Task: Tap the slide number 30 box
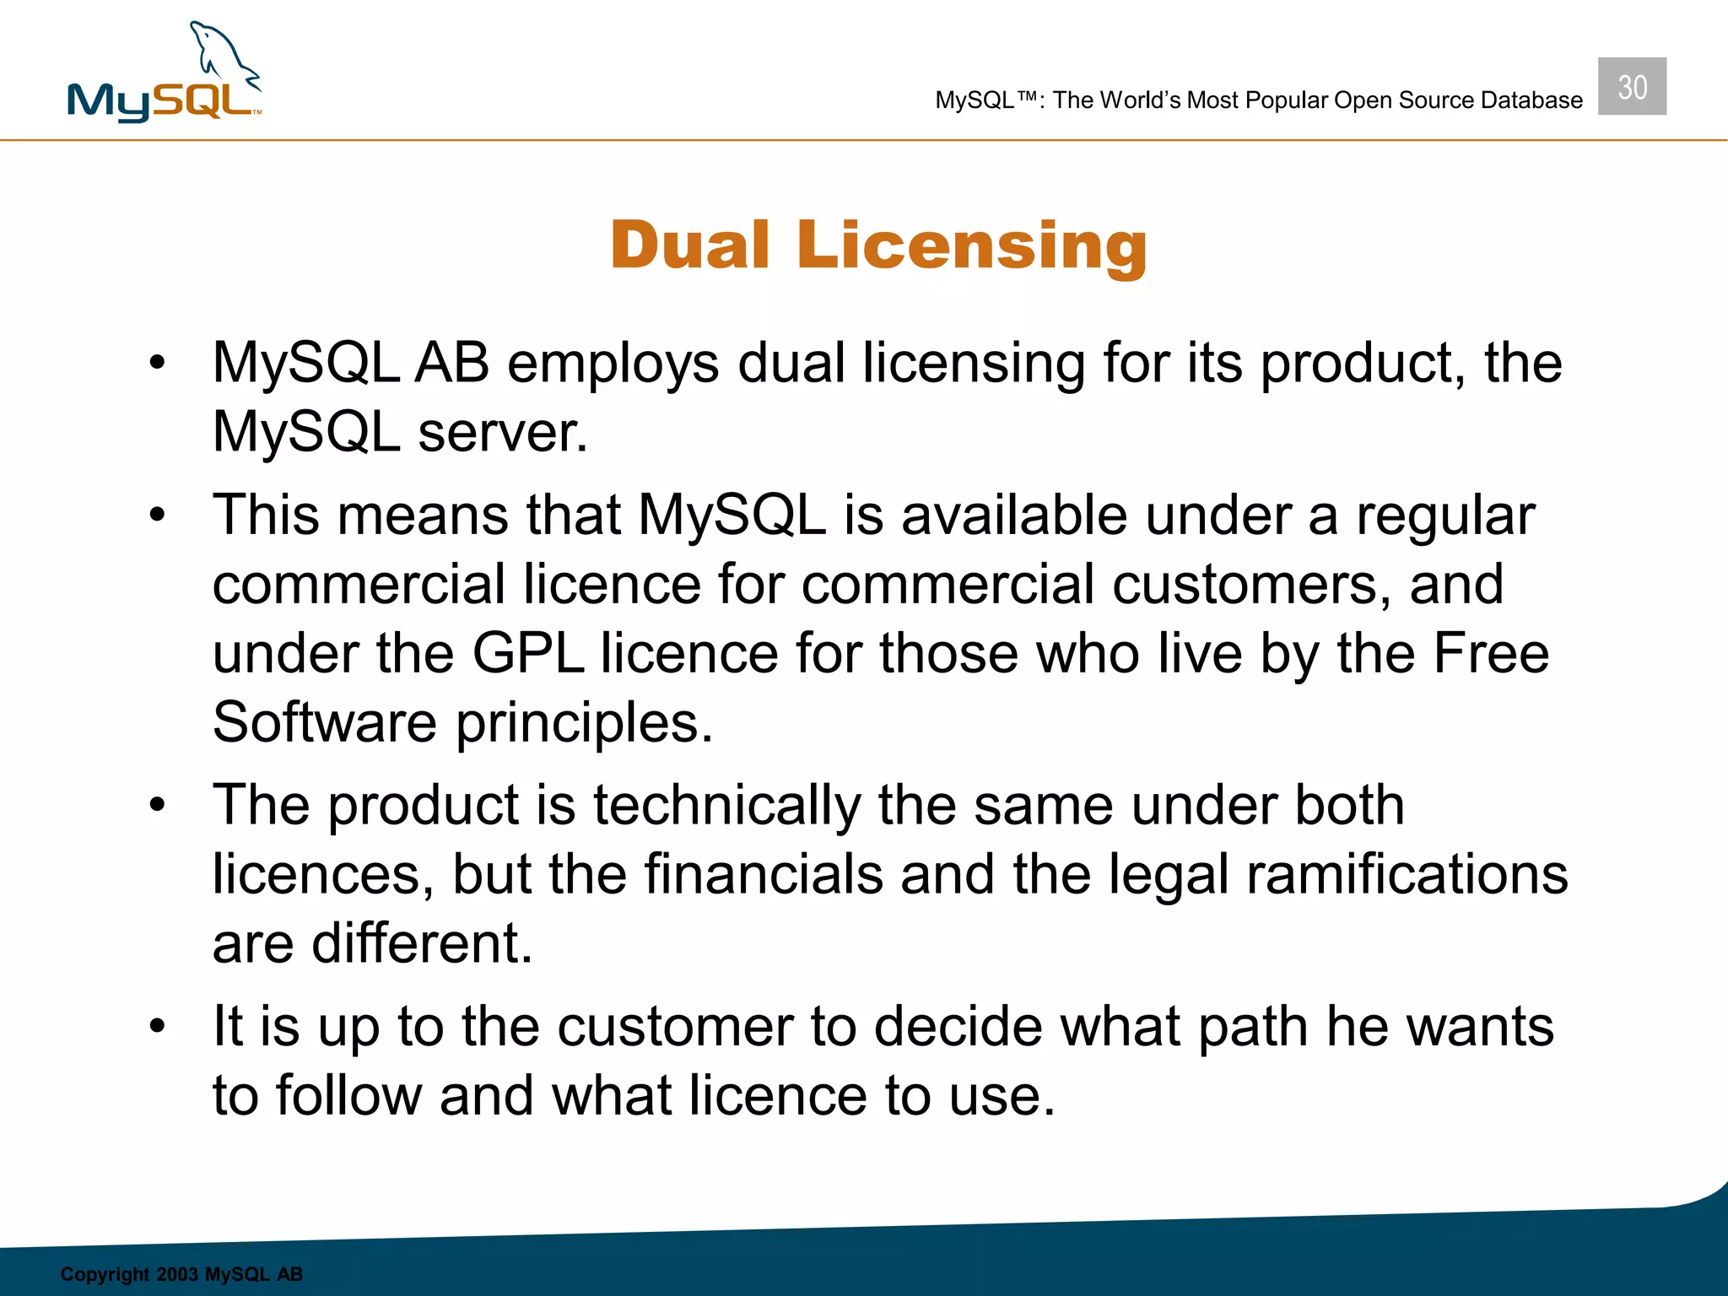1632,87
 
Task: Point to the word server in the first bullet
502,433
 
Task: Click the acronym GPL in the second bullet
527,654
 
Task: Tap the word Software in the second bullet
325,723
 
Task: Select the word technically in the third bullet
726,805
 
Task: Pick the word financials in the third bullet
764,874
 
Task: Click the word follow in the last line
348,1096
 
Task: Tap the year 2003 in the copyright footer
177,1274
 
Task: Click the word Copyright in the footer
105,1274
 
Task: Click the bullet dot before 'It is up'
157,1026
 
